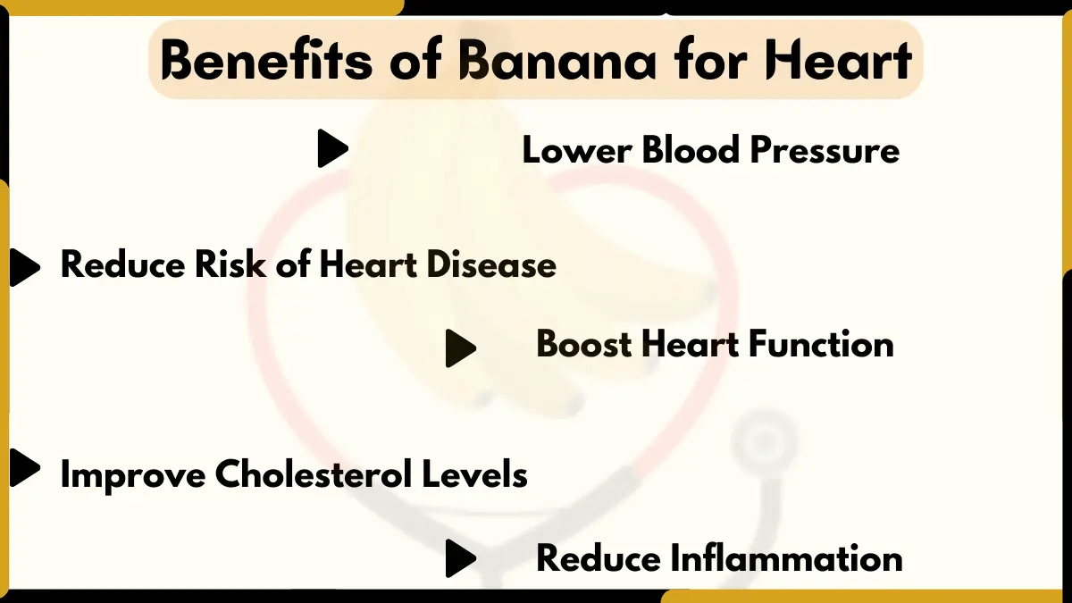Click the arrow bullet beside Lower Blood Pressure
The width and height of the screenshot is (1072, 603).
(x=331, y=148)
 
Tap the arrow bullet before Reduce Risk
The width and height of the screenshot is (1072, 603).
(x=24, y=267)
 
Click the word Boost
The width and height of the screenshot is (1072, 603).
(x=586, y=345)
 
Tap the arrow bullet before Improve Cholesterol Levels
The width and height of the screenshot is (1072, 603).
(x=24, y=468)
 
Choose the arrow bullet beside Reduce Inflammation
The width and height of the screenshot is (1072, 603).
(x=459, y=558)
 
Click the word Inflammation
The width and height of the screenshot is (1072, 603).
(x=786, y=559)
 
